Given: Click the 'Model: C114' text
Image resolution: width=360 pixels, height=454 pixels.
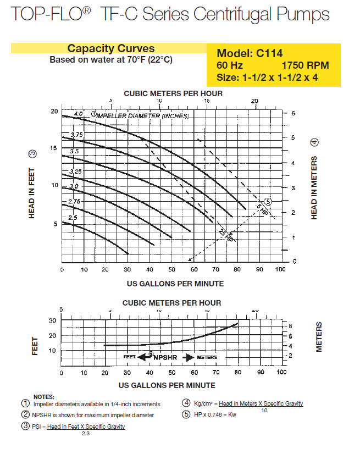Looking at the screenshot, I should [x=250, y=53].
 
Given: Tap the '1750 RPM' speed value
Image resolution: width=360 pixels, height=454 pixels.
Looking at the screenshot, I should [x=309, y=65].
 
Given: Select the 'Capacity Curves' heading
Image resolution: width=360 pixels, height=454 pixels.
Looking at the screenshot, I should [x=110, y=48].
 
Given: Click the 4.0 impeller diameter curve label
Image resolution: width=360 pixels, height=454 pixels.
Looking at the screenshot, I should [x=78, y=114].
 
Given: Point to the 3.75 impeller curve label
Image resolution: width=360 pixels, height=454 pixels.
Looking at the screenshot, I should [x=76, y=135].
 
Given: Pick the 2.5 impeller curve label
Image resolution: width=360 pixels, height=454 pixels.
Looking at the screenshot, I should [x=73, y=218].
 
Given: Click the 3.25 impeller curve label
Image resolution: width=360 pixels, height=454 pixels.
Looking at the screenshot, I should [x=75, y=171].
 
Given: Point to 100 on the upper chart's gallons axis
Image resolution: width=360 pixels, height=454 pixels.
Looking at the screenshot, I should [x=280, y=270].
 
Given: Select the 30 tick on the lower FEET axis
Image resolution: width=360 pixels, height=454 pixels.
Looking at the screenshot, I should [x=53, y=320].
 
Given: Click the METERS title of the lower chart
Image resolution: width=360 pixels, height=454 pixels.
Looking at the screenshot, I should [x=319, y=337].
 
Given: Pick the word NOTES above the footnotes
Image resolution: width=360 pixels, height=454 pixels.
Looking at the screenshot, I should [x=43, y=396].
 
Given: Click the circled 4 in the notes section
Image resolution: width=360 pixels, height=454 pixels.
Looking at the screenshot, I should [x=186, y=403].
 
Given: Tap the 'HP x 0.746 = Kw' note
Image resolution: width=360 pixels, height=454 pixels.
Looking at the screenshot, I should [x=217, y=414].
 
